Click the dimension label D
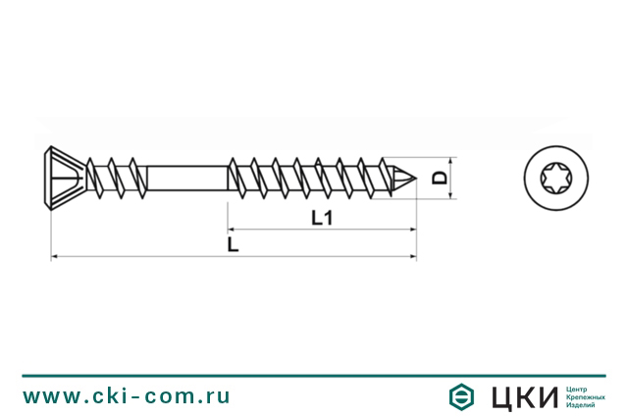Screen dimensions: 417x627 [441, 179]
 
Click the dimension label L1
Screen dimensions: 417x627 [320, 221]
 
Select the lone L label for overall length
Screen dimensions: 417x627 [232, 244]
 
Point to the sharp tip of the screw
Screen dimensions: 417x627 [412, 179]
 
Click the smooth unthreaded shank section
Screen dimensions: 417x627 [181, 179]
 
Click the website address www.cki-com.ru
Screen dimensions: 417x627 [127, 396]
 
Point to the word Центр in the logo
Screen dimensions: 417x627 [579, 387]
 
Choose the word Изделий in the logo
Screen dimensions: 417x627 [583, 404]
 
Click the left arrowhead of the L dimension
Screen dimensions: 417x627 [53, 256]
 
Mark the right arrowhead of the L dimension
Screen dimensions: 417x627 [411, 256]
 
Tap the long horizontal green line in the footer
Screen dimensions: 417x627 [313, 375]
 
